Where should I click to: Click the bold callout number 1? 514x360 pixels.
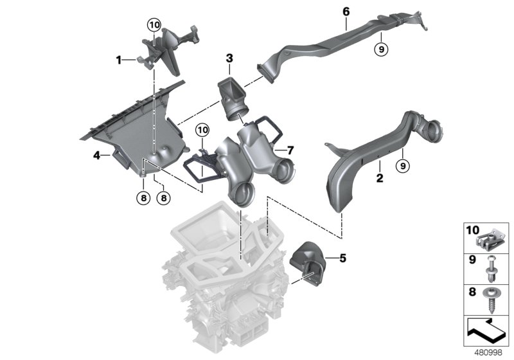click(x=119, y=60)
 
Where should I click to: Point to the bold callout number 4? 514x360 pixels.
click(x=96, y=155)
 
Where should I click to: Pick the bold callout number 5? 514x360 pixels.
click(x=342, y=258)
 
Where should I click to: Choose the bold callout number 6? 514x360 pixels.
click(x=346, y=12)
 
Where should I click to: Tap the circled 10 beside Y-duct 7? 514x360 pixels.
click(x=203, y=131)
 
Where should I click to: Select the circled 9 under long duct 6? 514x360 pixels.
click(x=380, y=48)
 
